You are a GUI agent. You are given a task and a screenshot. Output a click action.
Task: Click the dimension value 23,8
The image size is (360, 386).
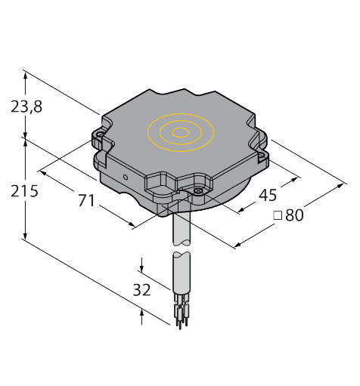[26, 107]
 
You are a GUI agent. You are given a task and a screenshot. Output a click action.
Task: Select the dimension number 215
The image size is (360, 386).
[25, 191]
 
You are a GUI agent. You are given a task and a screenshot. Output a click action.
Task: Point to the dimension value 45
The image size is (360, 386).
[268, 195]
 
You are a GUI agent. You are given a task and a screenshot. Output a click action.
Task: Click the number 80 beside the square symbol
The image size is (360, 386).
[294, 215]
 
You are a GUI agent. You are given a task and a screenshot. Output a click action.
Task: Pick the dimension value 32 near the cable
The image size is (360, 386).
[141, 289]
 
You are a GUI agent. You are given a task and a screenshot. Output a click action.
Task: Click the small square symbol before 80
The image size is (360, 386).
[277, 216]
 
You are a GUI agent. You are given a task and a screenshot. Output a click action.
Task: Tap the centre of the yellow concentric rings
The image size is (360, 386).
[181, 133]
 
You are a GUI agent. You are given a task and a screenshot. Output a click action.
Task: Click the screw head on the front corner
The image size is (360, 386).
[197, 192]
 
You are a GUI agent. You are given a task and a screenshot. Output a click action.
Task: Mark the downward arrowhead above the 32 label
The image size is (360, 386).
[142, 270]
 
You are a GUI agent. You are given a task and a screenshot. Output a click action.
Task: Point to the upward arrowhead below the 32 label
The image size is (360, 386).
[142, 311]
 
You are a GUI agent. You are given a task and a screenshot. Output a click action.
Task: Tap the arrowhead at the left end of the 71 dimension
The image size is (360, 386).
[43, 174]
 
